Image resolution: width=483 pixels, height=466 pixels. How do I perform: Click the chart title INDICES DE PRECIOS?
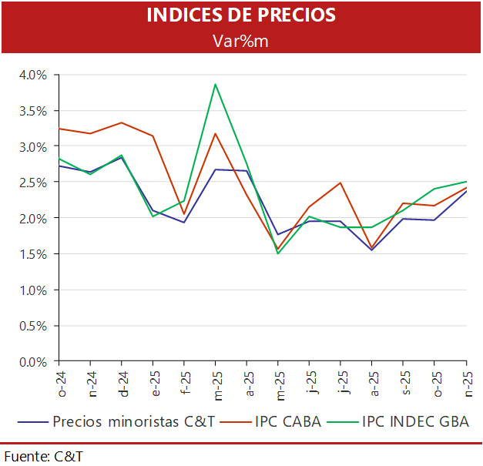(x=240, y=15)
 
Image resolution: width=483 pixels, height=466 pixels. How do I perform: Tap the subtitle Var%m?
(x=240, y=40)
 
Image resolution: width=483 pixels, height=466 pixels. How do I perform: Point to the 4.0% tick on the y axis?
(x=34, y=75)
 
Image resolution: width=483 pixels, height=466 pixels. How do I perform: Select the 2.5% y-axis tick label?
(x=34, y=183)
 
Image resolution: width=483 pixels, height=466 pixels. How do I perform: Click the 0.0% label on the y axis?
(x=34, y=361)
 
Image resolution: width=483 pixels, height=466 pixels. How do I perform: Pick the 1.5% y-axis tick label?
(x=34, y=254)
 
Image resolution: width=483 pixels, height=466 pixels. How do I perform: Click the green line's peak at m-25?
(x=216, y=84)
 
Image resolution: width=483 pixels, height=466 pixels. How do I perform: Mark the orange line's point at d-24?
(x=122, y=122)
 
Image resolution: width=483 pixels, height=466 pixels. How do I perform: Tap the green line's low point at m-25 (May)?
(x=278, y=253)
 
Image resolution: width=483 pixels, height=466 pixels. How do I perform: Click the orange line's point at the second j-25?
(x=340, y=183)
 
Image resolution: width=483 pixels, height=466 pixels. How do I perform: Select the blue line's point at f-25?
(x=184, y=223)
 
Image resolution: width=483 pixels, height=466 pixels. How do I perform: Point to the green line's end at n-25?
(x=466, y=182)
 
